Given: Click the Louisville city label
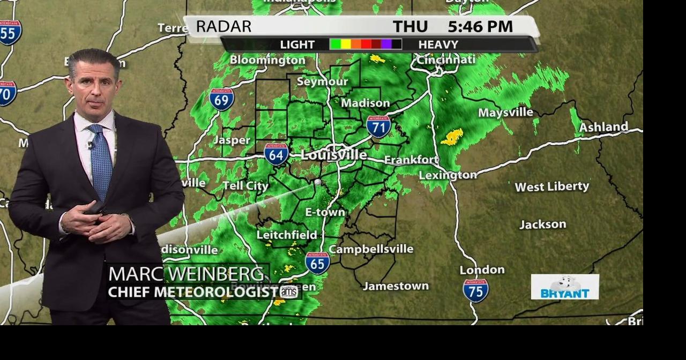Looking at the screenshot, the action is coord(334,155).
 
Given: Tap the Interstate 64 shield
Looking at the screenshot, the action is coord(276,153).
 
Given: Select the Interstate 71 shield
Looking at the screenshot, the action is coord(378,126).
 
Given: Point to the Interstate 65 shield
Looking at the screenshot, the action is coord(317,263).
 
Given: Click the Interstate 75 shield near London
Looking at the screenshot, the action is coord(475,290).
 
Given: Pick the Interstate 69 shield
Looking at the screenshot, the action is coord(221,99).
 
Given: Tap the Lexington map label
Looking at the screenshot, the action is coord(448,175).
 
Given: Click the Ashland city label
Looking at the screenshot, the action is coord(603,127).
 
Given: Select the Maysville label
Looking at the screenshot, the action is coord(505,112).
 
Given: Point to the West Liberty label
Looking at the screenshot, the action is coord(551,186).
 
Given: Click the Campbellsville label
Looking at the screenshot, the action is coord(371,249).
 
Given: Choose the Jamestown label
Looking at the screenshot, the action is coord(396,286).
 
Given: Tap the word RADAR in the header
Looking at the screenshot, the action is coord(223,26).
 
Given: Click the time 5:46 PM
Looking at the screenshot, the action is coord(480,26).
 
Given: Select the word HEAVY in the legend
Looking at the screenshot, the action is coord(438,44).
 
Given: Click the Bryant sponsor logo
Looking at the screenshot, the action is coord(565,287).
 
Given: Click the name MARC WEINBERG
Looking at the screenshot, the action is coord(186,274).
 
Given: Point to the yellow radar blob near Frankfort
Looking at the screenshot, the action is coord(452,137).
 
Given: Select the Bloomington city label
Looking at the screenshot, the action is coord(267,61).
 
